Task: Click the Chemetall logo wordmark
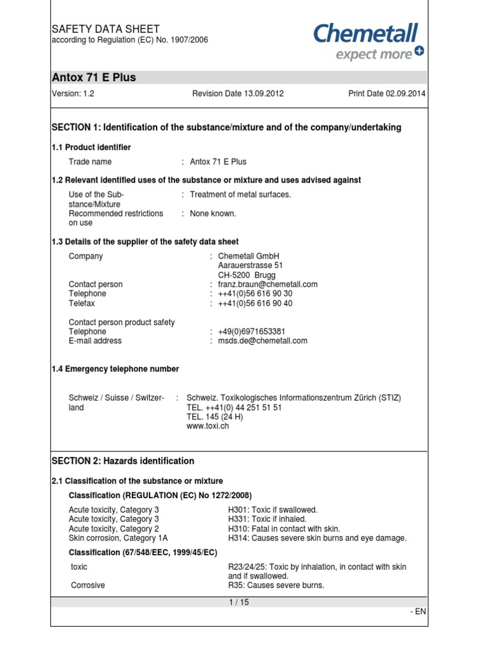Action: [366, 33]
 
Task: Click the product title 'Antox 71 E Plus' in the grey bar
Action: [94, 78]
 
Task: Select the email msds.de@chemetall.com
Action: [263, 341]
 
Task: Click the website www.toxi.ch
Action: [207, 427]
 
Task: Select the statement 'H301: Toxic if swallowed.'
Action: [273, 510]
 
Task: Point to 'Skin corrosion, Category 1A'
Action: [114, 538]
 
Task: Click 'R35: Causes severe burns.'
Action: [276, 586]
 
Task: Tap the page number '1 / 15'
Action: [239, 603]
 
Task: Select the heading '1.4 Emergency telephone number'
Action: [115, 369]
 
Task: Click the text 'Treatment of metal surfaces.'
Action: [240, 195]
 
